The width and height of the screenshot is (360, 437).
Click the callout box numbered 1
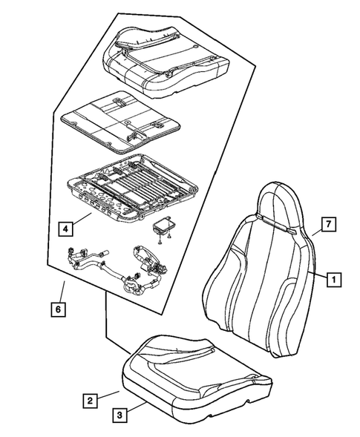(334, 280)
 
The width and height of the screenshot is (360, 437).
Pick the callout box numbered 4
(66, 229)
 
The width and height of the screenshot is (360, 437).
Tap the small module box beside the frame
(165, 226)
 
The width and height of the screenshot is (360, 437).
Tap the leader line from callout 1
(318, 276)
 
